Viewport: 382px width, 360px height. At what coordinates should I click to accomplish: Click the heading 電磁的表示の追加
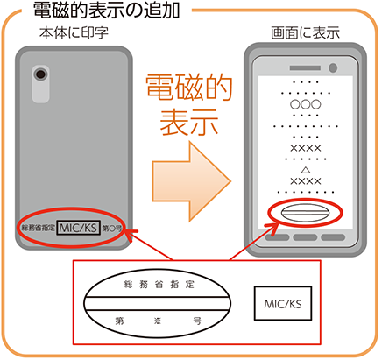click(106, 11)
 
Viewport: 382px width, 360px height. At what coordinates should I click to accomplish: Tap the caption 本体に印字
click(74, 33)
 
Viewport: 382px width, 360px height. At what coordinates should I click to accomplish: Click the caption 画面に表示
click(306, 32)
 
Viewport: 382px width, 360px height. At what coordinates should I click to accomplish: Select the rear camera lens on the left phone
click(40, 74)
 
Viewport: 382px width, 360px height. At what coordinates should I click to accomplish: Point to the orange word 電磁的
click(189, 88)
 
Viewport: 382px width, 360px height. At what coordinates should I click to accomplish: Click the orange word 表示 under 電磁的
click(189, 122)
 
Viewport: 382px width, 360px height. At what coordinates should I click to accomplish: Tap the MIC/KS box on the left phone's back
click(78, 228)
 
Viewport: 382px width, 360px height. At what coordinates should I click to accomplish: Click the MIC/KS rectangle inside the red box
click(283, 303)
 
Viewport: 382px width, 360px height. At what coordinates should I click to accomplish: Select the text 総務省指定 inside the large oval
click(159, 284)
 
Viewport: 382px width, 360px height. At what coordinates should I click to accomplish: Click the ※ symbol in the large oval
click(158, 321)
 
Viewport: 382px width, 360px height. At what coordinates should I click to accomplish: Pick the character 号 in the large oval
click(197, 321)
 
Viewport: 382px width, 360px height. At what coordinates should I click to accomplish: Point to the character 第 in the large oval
click(119, 321)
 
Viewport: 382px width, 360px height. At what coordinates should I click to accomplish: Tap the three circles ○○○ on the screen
click(306, 104)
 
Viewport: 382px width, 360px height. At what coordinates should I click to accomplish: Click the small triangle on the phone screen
click(306, 170)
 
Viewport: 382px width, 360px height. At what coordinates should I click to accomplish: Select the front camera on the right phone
click(333, 67)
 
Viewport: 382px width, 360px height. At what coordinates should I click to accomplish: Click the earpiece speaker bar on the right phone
click(305, 67)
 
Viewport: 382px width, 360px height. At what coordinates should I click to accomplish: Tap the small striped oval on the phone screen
click(306, 213)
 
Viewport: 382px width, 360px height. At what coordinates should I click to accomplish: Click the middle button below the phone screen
click(305, 237)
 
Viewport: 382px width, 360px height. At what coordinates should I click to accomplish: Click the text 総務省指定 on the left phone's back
click(39, 228)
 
